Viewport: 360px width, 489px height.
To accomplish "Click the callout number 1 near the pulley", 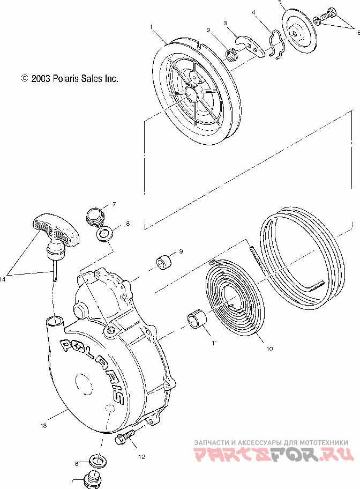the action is pyautogui.click(x=152, y=26).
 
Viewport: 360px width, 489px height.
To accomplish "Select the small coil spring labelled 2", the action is pyautogui.click(x=232, y=54).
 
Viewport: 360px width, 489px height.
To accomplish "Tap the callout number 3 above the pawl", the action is pyautogui.click(x=226, y=23).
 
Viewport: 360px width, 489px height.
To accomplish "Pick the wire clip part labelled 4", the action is pyautogui.click(x=276, y=45).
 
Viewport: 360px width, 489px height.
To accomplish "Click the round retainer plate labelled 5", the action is pyautogui.click(x=297, y=32).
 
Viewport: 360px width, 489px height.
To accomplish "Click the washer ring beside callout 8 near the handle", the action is pyautogui.click(x=104, y=234).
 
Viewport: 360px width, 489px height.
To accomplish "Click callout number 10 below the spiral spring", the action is pyautogui.click(x=269, y=349).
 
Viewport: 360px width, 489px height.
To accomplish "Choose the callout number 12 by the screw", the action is pyautogui.click(x=141, y=457).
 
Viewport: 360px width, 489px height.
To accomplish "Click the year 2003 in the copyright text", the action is pyautogui.click(x=41, y=78).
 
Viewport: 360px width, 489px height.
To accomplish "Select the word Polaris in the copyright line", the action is pyautogui.click(x=64, y=78).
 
